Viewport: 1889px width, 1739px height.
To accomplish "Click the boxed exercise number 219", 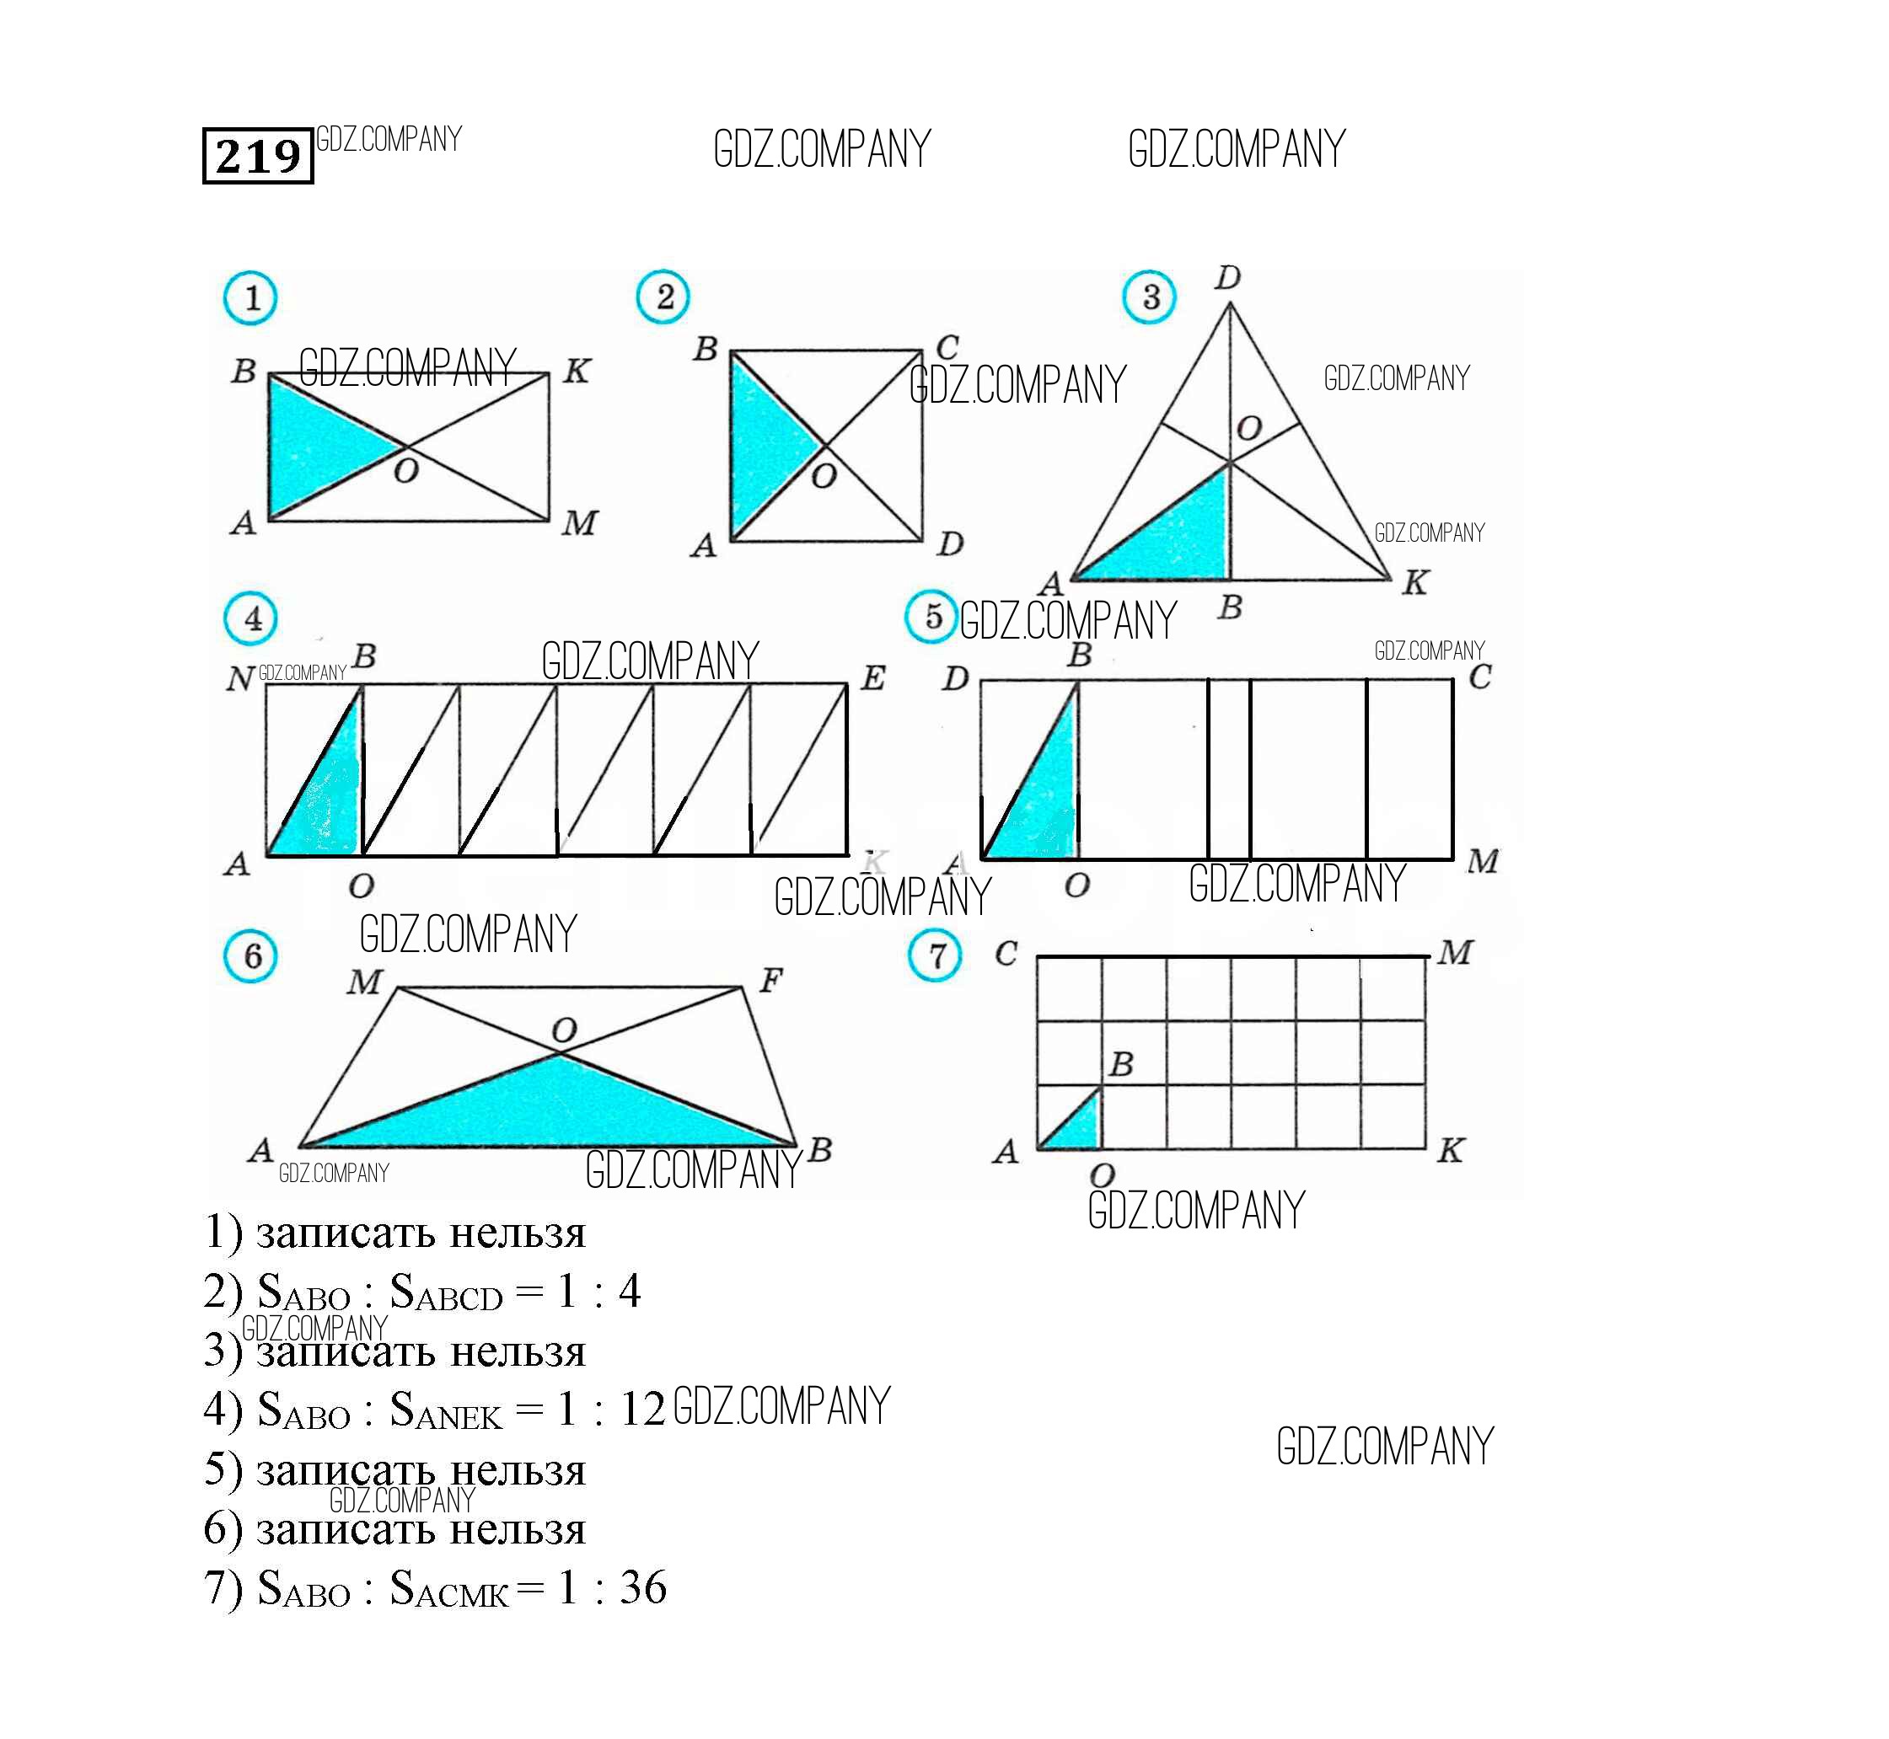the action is [x=258, y=155].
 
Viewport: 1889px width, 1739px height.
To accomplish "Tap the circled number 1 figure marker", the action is [x=250, y=298].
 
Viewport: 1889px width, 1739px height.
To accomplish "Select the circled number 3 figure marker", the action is [x=1149, y=297].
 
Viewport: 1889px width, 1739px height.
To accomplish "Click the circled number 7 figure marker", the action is [x=935, y=955].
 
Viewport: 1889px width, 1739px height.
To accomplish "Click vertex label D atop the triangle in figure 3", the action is [x=1227, y=277].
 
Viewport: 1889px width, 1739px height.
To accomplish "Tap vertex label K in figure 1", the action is [x=576, y=371].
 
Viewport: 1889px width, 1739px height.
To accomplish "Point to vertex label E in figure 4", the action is [x=872, y=677].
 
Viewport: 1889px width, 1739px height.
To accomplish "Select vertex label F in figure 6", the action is [x=770, y=981].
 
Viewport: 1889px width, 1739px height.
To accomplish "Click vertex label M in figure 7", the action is [x=1454, y=952].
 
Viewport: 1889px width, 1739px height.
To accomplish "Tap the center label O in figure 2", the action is [x=824, y=476].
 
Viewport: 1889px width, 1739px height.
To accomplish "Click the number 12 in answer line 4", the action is [x=642, y=1409].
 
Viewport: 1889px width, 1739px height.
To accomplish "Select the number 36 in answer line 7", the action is [x=643, y=1587].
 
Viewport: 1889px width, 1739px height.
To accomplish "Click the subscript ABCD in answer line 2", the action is [x=459, y=1299].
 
